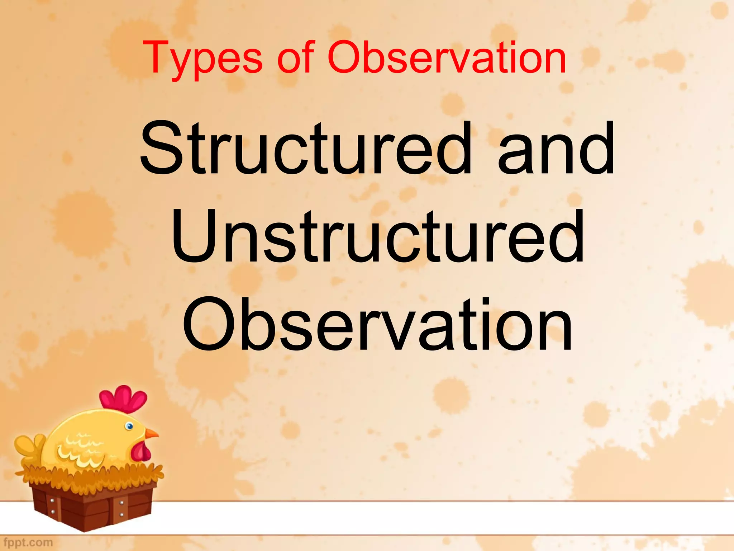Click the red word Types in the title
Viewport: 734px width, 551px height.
point(202,58)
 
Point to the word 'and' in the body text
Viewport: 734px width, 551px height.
point(556,149)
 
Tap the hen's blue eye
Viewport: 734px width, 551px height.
point(129,426)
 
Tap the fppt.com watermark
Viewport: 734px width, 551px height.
point(28,542)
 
